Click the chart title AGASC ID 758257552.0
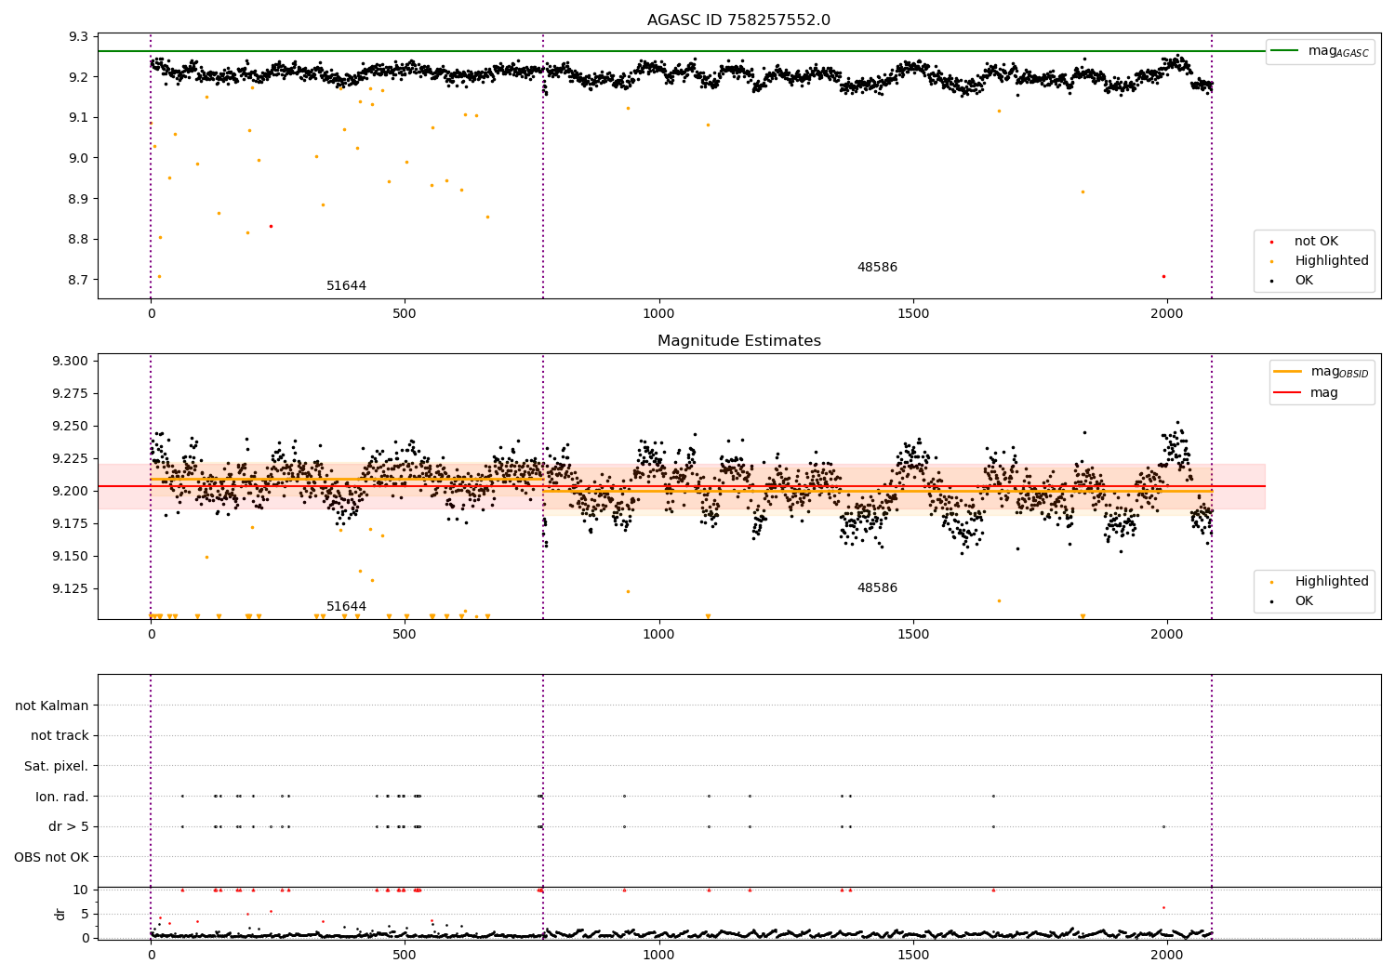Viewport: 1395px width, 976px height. (738, 20)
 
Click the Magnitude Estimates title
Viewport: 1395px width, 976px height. (738, 341)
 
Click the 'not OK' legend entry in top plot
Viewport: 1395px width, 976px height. (1315, 242)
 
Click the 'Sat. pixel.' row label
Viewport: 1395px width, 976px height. (57, 766)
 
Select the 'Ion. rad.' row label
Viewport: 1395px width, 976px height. (62, 797)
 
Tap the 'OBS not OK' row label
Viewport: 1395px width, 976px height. (51, 857)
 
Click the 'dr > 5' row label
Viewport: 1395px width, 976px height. (69, 826)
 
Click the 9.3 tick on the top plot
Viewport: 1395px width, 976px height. (78, 36)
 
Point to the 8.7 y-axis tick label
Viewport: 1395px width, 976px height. (78, 280)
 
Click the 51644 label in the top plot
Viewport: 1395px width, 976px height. (346, 285)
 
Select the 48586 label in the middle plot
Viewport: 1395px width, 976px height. (877, 588)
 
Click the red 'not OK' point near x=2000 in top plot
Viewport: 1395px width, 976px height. (1163, 276)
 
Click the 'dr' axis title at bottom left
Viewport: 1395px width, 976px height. (60, 914)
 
